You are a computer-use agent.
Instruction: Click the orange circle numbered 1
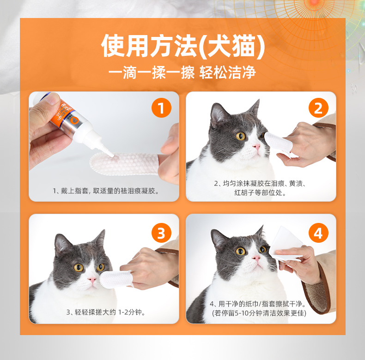click(x=161, y=108)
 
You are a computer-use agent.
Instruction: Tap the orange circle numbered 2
click(x=318, y=108)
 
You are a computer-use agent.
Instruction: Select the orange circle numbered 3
click(x=161, y=233)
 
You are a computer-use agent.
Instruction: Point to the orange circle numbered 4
click(x=318, y=233)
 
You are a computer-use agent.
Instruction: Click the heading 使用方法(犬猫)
click(x=183, y=46)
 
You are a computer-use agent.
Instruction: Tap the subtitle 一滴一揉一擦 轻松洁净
click(x=182, y=72)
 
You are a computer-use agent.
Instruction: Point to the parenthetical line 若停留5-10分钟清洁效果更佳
click(x=259, y=313)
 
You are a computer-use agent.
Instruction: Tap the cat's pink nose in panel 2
click(x=256, y=147)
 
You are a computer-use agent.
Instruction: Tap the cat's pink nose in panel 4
click(x=256, y=258)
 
